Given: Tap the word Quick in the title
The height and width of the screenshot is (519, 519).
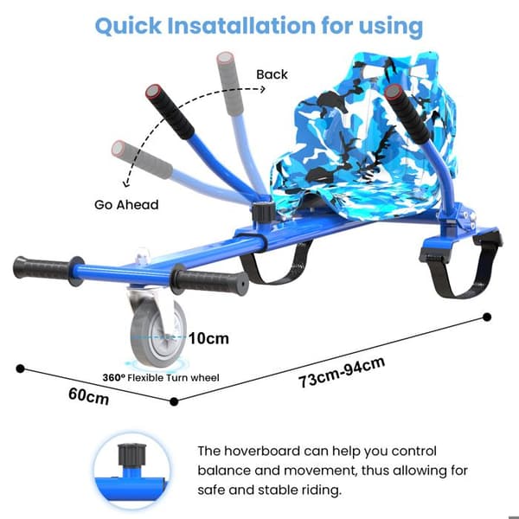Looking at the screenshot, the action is point(128,26).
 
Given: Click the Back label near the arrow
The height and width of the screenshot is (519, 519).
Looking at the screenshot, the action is point(272,74).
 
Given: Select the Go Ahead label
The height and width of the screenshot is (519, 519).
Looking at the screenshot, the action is point(126,205).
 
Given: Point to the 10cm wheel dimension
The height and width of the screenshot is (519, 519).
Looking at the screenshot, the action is point(208,338).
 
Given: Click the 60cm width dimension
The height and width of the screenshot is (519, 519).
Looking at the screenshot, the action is point(89,396).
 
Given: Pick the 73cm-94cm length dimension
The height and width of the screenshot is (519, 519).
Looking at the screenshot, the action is point(342,372).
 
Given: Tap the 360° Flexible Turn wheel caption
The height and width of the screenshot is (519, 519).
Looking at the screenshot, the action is point(161,378).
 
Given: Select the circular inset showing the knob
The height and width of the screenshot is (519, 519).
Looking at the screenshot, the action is point(132,471).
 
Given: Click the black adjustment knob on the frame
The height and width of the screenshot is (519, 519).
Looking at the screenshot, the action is point(264,212).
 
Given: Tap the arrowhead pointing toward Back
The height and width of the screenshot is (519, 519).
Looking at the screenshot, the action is point(262,89).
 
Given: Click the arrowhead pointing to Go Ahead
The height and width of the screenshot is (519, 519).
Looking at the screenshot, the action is point(126,183).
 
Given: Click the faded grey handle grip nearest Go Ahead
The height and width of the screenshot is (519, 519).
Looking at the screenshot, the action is point(142,159).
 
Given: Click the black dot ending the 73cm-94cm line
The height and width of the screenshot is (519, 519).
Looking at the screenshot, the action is point(487,317).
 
